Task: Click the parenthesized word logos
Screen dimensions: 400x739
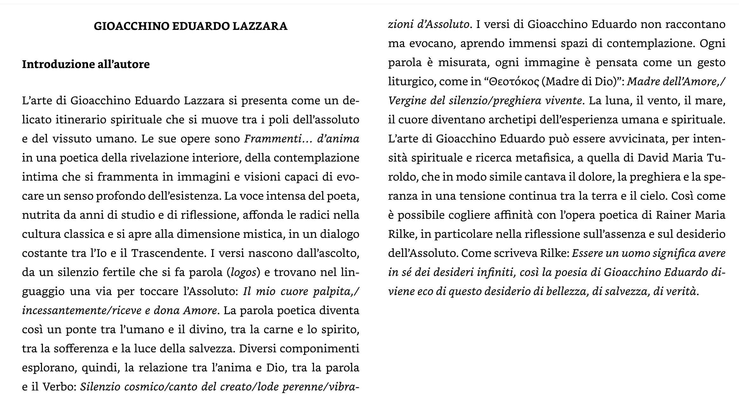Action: click(243, 272)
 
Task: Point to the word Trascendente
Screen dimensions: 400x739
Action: click(167, 253)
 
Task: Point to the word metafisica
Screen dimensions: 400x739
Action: click(543, 158)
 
